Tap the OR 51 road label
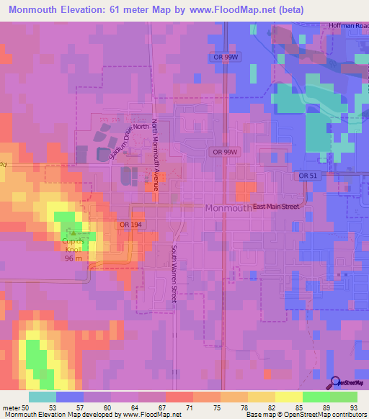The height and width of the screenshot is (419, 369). [x=308, y=176]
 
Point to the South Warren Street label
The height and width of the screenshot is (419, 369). [x=174, y=273]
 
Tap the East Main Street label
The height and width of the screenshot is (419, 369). [x=276, y=207]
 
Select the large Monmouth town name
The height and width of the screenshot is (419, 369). [x=228, y=207]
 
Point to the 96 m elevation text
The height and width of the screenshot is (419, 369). [x=73, y=258]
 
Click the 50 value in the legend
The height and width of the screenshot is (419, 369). [x=26, y=407]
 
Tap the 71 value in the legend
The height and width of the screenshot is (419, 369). [x=190, y=407]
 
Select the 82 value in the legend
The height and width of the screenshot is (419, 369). [x=271, y=407]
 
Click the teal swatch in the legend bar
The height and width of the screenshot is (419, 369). [x=42, y=396]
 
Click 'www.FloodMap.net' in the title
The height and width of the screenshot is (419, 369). [x=238, y=9]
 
